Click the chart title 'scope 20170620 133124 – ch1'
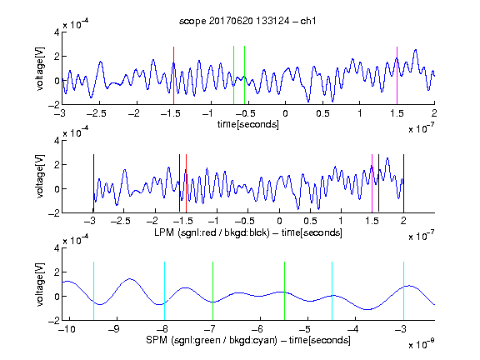pyautogui.click(x=247, y=21)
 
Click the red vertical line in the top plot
pyautogui.click(x=173, y=76)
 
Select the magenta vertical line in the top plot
pyautogui.click(x=397, y=76)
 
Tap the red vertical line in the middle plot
pyautogui.click(x=186, y=183)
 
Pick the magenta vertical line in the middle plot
pyautogui.click(x=372, y=183)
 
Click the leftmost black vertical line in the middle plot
pyautogui.click(x=93, y=183)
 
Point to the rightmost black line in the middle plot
pyautogui.click(x=403, y=183)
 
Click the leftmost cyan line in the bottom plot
pyautogui.click(x=93, y=291)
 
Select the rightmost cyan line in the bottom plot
pyautogui.click(x=403, y=291)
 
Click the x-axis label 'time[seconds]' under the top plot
pyautogui.click(x=248, y=124)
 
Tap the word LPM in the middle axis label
pyautogui.click(x=164, y=232)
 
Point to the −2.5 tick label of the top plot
pyautogui.click(x=96, y=113)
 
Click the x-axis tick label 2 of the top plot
pyautogui.click(x=434, y=113)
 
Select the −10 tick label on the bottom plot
pyautogui.click(x=67, y=329)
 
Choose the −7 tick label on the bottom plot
pyautogui.click(x=211, y=329)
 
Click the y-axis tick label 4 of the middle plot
pyautogui.click(x=57, y=140)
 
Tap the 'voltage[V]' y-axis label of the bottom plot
pyautogui.click(x=40, y=284)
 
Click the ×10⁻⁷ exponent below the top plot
pyautogui.click(x=422, y=128)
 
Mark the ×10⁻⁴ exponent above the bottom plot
pyautogui.click(x=76, y=240)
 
